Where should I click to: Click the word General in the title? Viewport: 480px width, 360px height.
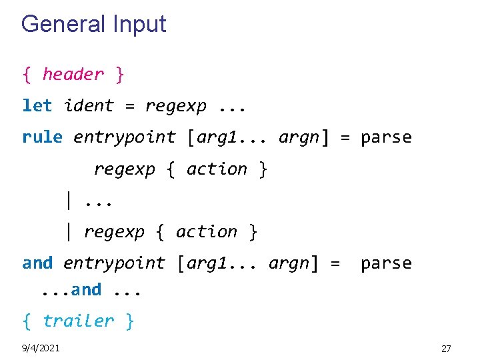point(64,25)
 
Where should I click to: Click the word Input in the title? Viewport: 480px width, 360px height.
point(139,25)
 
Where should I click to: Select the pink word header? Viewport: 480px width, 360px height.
point(73,74)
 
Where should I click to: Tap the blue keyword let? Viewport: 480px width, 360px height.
point(37,105)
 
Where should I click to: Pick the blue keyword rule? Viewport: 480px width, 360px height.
point(42,137)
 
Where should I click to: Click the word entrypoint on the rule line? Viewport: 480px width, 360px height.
point(124,137)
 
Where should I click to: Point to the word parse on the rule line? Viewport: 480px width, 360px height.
point(386,137)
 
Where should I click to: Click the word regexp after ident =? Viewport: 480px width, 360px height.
point(175,105)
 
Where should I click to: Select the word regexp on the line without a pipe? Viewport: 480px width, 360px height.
point(124,169)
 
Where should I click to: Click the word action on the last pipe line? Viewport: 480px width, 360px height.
point(207,232)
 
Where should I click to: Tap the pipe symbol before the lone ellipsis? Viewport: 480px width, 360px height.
point(68,200)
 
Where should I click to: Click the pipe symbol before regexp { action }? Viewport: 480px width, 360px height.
point(68,232)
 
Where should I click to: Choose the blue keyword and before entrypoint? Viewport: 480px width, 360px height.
point(37,263)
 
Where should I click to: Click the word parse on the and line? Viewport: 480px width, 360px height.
point(386,263)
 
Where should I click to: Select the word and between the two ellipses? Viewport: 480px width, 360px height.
point(87,290)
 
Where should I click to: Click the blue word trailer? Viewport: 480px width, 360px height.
point(79,321)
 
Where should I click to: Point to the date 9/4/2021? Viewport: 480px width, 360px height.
point(41,348)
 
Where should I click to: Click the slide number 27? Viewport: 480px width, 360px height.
point(446,348)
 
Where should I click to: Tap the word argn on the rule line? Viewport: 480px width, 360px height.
point(299,137)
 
